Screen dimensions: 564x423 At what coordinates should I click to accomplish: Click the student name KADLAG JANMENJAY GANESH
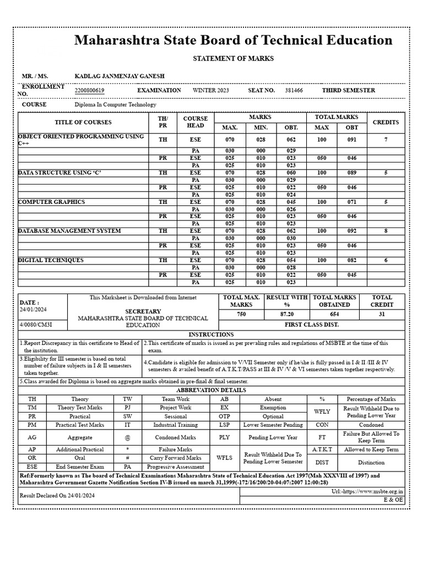[119, 75]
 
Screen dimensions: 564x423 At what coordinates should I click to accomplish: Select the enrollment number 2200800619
[90, 90]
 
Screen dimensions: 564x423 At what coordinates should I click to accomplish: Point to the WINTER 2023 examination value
[211, 90]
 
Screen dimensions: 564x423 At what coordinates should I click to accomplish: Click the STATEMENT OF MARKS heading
[233, 58]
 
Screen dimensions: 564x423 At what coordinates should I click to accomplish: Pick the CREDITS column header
[386, 122]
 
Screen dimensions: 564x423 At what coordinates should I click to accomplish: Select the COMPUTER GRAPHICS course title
[52, 202]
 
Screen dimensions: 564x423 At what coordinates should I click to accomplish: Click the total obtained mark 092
[351, 231]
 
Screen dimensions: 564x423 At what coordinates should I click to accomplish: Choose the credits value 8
[386, 231]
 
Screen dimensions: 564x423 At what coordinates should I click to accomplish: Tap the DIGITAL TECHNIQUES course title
[51, 260]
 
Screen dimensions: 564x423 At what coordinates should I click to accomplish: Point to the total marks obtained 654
[334, 314]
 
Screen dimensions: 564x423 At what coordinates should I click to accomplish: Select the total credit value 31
[382, 314]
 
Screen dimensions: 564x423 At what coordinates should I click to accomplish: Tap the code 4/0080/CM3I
[36, 325]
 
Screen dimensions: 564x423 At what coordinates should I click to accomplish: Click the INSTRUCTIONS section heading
[211, 334]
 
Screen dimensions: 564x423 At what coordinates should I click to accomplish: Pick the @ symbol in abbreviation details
[127, 437]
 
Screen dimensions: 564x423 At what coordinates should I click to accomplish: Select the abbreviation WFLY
[322, 411]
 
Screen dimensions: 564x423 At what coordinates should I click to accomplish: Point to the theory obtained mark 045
[291, 202]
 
